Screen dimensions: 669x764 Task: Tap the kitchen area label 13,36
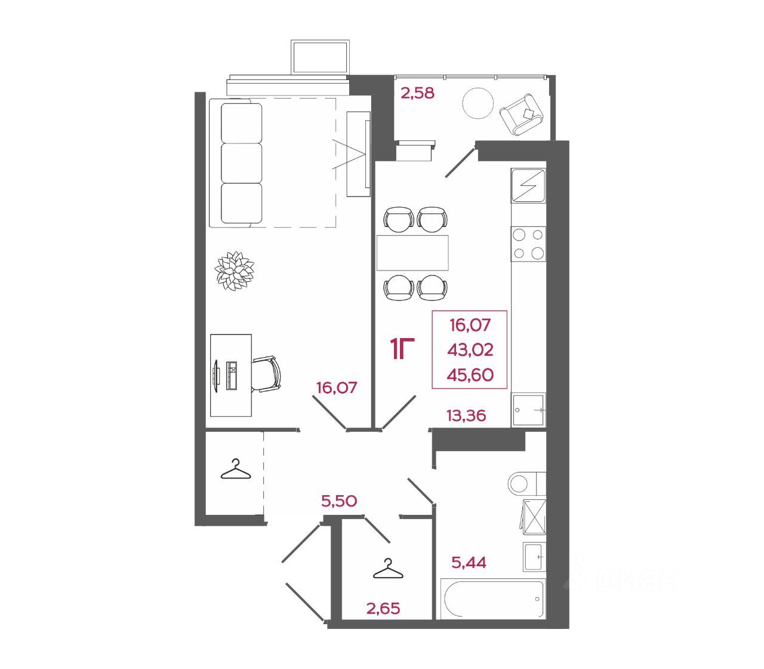[x=466, y=415]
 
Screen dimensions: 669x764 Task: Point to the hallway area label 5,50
[x=339, y=501]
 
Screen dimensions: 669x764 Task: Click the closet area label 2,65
[x=383, y=609]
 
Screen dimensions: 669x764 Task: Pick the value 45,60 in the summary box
[x=470, y=375]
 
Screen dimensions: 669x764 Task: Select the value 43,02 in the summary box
[x=470, y=350]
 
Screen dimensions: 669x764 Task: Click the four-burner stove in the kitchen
[x=529, y=244]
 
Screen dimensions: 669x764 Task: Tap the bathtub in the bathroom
[x=492, y=599]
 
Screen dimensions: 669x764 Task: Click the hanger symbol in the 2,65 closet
[x=387, y=570]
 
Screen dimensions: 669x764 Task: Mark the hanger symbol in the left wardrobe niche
[x=235, y=470]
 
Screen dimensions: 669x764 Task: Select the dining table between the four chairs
[x=412, y=253]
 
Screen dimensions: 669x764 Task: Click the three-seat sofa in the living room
[x=241, y=163]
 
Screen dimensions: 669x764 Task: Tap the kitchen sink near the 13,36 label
[x=529, y=410]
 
